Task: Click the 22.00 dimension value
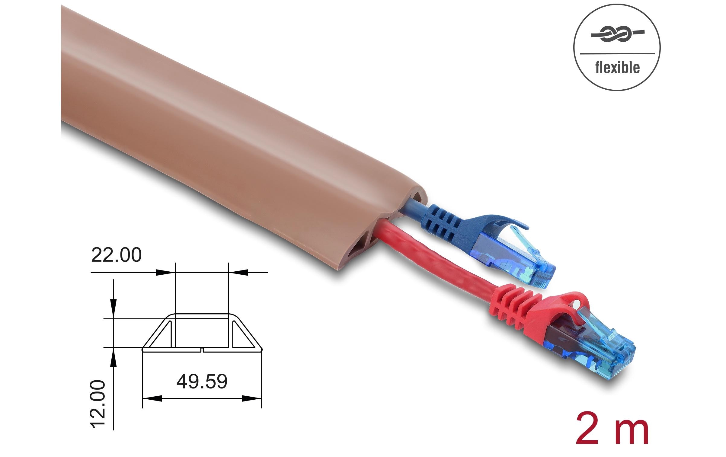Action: point(116,255)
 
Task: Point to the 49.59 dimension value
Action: point(202,382)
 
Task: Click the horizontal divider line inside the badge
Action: point(617,54)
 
